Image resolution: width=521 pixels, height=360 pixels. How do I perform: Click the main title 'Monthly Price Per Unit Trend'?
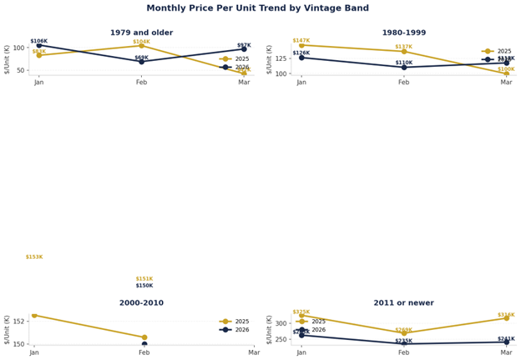(x=260, y=8)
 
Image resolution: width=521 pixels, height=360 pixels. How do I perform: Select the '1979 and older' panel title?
(x=141, y=33)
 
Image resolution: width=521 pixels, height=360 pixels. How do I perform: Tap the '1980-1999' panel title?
(x=404, y=33)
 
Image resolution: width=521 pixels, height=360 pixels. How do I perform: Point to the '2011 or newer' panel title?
(x=404, y=302)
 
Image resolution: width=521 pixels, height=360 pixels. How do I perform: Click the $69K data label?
(x=141, y=58)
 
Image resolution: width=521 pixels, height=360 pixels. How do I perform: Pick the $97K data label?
(x=244, y=45)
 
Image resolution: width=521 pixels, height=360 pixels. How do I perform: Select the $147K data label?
(x=301, y=40)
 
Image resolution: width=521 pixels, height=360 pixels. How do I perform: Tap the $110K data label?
(x=404, y=63)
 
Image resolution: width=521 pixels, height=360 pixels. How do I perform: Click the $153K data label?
(x=34, y=257)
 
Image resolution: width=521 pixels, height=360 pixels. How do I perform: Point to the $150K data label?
(x=144, y=286)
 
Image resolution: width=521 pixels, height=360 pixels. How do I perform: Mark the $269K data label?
(x=404, y=330)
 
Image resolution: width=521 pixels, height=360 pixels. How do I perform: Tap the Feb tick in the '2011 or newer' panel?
(x=404, y=352)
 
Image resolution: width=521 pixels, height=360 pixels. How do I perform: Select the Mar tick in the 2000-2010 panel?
(x=255, y=352)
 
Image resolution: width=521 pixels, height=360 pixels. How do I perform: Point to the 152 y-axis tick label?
(x=19, y=321)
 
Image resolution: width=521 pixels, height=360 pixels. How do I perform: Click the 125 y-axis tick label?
(x=280, y=58)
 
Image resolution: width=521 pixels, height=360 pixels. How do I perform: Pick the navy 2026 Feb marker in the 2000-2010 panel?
(x=144, y=344)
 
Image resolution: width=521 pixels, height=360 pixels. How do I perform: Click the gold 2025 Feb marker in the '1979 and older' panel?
(x=141, y=46)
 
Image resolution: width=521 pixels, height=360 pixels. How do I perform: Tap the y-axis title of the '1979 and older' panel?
(x=7, y=58)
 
